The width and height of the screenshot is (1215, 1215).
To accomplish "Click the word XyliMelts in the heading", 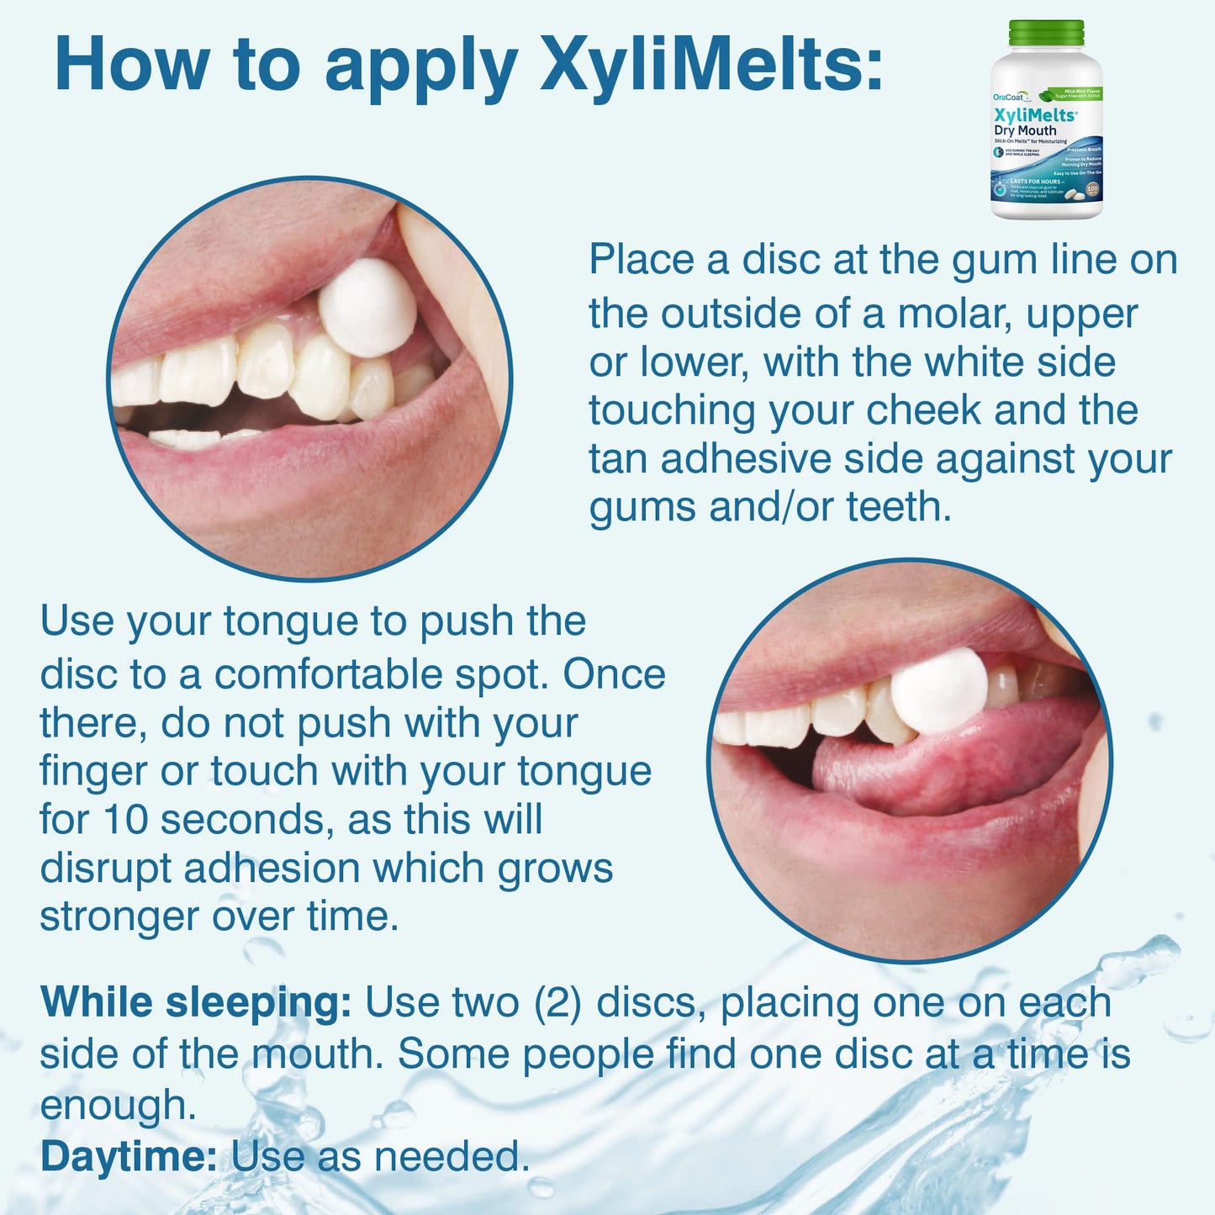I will point(711,65).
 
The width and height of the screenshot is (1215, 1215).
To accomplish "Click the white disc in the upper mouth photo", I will point(367,307).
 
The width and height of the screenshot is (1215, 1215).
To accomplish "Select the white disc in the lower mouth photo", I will point(939,690).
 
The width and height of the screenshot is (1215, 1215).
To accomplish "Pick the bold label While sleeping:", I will point(195,1003).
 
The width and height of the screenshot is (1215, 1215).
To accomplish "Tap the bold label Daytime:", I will point(129,1157).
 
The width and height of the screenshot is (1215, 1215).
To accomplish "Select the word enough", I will point(117,1106).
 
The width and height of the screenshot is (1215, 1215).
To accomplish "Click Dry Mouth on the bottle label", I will point(1025,130).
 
